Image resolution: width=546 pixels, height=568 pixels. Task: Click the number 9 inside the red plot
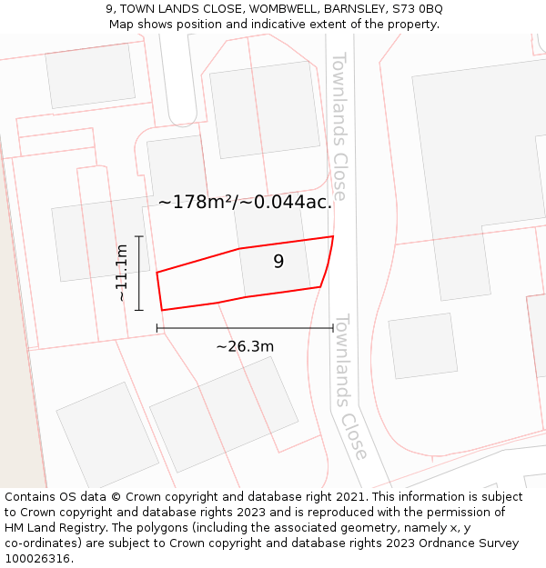278,262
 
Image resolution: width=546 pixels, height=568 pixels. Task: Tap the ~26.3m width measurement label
245,346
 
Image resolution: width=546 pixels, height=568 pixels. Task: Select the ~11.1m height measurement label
122,273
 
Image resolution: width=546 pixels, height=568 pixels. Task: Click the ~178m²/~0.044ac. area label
245,203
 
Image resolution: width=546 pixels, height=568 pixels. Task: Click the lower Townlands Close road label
350,386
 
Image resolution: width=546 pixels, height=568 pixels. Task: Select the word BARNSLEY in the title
353,9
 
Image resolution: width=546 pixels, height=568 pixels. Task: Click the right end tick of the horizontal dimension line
333,327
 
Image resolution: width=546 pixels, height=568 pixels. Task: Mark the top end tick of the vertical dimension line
139,236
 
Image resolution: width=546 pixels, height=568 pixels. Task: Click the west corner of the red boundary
157,273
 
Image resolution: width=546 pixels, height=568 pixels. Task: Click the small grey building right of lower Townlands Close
422,345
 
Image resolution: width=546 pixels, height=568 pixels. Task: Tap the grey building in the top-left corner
90,75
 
